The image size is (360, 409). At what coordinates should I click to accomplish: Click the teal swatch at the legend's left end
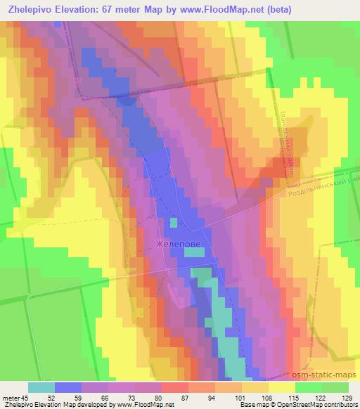pyautogui.click(x=41, y=387)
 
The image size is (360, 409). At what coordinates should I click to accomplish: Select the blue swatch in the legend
pyautogui.click(x=68, y=387)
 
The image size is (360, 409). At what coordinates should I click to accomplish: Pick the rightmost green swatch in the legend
pyautogui.click(x=335, y=387)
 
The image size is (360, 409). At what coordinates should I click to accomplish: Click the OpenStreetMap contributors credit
pyautogui.click(x=319, y=405)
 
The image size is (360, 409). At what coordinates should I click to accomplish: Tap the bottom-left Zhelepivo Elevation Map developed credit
pyautogui.click(x=87, y=405)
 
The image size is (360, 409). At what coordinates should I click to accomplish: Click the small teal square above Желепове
pyautogui.click(x=173, y=223)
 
